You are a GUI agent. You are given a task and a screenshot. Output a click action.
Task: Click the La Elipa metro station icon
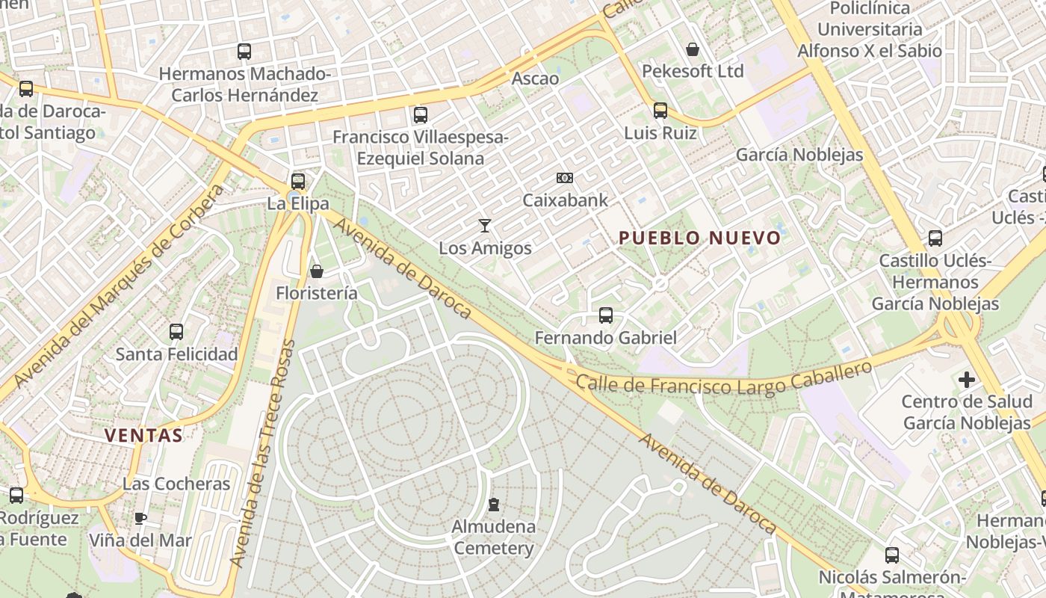point(298,181)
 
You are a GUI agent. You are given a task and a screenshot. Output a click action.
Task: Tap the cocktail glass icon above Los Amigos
point(485,225)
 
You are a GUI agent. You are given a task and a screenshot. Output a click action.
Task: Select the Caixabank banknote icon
point(565,178)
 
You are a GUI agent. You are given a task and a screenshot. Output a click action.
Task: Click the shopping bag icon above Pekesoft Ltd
point(693,50)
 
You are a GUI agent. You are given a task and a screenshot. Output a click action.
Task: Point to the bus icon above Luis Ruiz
point(660,111)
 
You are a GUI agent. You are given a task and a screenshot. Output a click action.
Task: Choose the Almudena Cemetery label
point(493,537)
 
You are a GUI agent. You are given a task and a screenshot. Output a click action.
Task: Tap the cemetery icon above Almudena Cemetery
point(493,505)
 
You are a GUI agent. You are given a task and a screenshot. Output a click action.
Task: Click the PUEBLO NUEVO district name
point(700,238)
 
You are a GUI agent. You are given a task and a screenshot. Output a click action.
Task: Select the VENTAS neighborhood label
point(143,435)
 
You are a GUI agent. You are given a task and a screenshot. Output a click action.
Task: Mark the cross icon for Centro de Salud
point(967,380)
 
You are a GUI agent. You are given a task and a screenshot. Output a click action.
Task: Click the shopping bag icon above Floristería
point(317,271)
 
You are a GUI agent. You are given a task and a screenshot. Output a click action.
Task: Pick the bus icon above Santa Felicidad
point(176,332)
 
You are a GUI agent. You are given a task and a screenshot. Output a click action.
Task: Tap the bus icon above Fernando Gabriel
point(606,315)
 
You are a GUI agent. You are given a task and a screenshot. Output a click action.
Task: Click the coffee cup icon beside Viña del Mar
point(140,518)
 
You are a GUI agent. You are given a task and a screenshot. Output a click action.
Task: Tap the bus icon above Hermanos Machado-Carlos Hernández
point(244,52)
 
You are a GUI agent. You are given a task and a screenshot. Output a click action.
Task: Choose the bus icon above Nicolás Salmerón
point(892,555)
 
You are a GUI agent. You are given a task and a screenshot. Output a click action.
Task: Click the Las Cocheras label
point(176,484)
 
